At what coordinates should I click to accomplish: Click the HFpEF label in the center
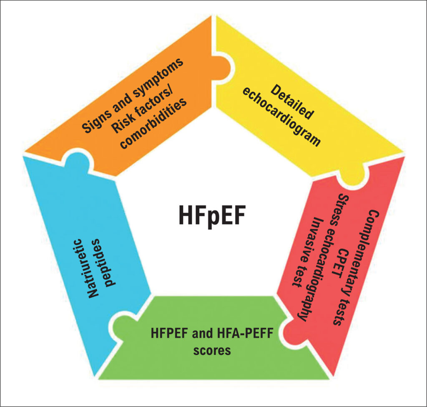(212, 215)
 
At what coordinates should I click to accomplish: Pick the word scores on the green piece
(212, 350)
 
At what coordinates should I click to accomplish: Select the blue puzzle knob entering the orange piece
(77, 159)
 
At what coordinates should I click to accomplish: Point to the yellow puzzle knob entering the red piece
(353, 177)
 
